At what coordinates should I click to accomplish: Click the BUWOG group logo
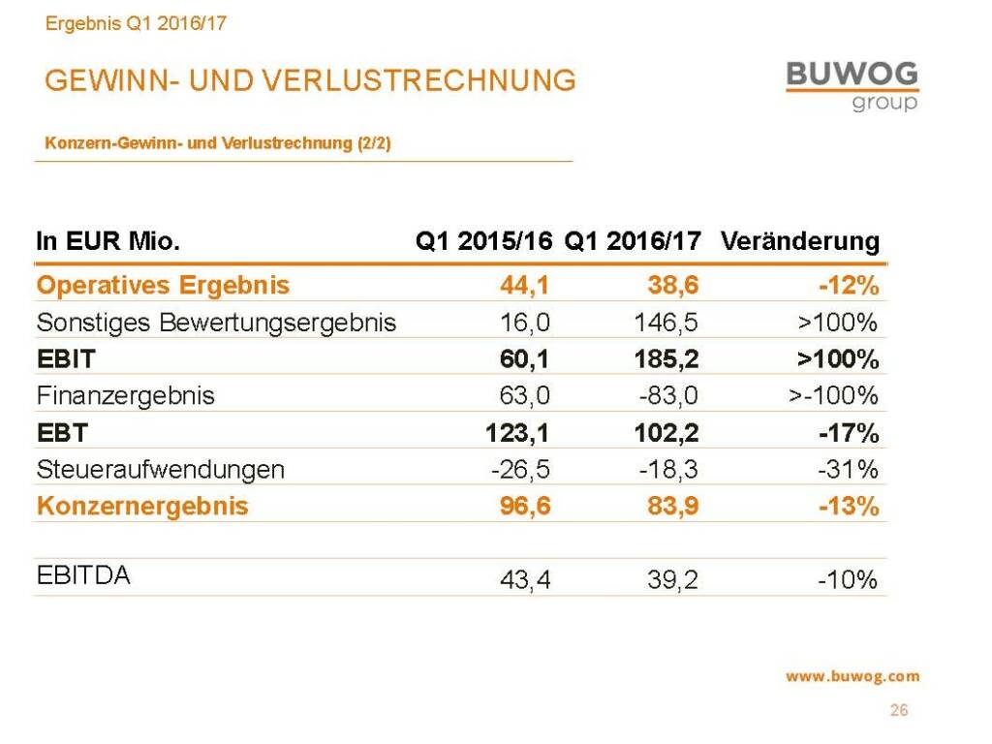point(852,85)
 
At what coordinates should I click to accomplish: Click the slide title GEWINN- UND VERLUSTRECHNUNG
point(310,80)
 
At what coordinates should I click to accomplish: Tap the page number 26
point(899,711)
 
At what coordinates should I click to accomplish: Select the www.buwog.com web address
point(852,677)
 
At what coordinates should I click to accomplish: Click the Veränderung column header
point(800,241)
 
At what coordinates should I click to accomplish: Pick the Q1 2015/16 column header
point(483,241)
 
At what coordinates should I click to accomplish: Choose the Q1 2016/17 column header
point(632,241)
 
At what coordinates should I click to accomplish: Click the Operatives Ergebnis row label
point(163,286)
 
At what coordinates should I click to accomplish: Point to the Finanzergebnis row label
point(125,396)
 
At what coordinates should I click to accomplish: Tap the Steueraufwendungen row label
point(160,470)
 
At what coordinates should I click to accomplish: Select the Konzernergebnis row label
point(142,507)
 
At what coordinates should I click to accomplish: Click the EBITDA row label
point(83,575)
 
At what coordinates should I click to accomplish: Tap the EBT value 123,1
point(517,433)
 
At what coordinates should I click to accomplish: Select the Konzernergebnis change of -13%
point(848,507)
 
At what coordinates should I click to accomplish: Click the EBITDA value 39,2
point(672,580)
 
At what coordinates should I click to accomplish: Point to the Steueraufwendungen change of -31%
point(848,470)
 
